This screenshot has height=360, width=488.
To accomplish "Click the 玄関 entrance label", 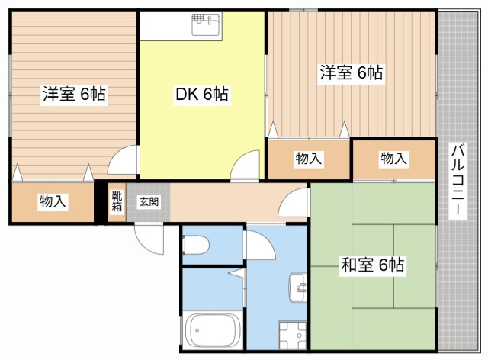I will tap(148, 202).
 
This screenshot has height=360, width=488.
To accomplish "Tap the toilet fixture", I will tap(196, 245).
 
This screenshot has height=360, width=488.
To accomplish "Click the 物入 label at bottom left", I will tap(53, 202).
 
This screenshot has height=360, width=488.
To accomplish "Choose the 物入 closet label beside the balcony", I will tap(393, 159).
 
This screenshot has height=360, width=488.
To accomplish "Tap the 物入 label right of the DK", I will tap(308, 159).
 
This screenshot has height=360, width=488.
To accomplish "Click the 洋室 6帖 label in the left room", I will tap(74, 95).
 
